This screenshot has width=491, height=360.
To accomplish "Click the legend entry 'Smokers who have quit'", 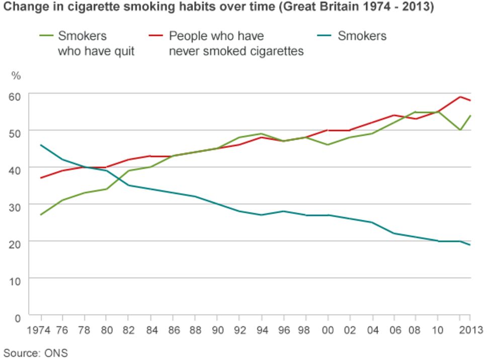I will pyautogui.click(x=96, y=44).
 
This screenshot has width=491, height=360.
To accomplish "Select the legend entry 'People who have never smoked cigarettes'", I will pyautogui.click(x=236, y=44).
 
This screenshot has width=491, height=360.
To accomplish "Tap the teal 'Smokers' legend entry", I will pyautogui.click(x=362, y=36).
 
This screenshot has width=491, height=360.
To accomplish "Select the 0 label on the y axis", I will pyautogui.click(x=19, y=318).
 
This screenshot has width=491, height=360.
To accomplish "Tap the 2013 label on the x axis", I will pyautogui.click(x=470, y=330).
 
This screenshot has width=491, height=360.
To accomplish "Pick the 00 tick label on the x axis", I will pyautogui.click(x=328, y=330).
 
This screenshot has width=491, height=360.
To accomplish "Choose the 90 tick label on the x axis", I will pyautogui.click(x=217, y=330).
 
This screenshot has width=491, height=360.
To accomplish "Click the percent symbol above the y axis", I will pyautogui.click(x=16, y=76).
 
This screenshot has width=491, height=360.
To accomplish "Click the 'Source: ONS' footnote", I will pyautogui.click(x=35, y=352).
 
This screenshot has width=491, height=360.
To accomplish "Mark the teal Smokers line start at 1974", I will pyautogui.click(x=40, y=145).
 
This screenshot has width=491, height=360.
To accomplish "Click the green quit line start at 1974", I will pyautogui.click(x=40, y=215).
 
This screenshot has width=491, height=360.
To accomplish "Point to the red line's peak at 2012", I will pyautogui.click(x=460, y=97).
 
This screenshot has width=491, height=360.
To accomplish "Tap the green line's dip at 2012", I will pyautogui.click(x=460, y=130).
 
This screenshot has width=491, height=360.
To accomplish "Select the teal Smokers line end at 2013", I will pyautogui.click(x=470, y=245).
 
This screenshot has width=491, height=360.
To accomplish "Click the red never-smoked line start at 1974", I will pyautogui.click(x=40, y=178).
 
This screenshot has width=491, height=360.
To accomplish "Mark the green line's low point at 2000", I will pyautogui.click(x=328, y=145).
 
